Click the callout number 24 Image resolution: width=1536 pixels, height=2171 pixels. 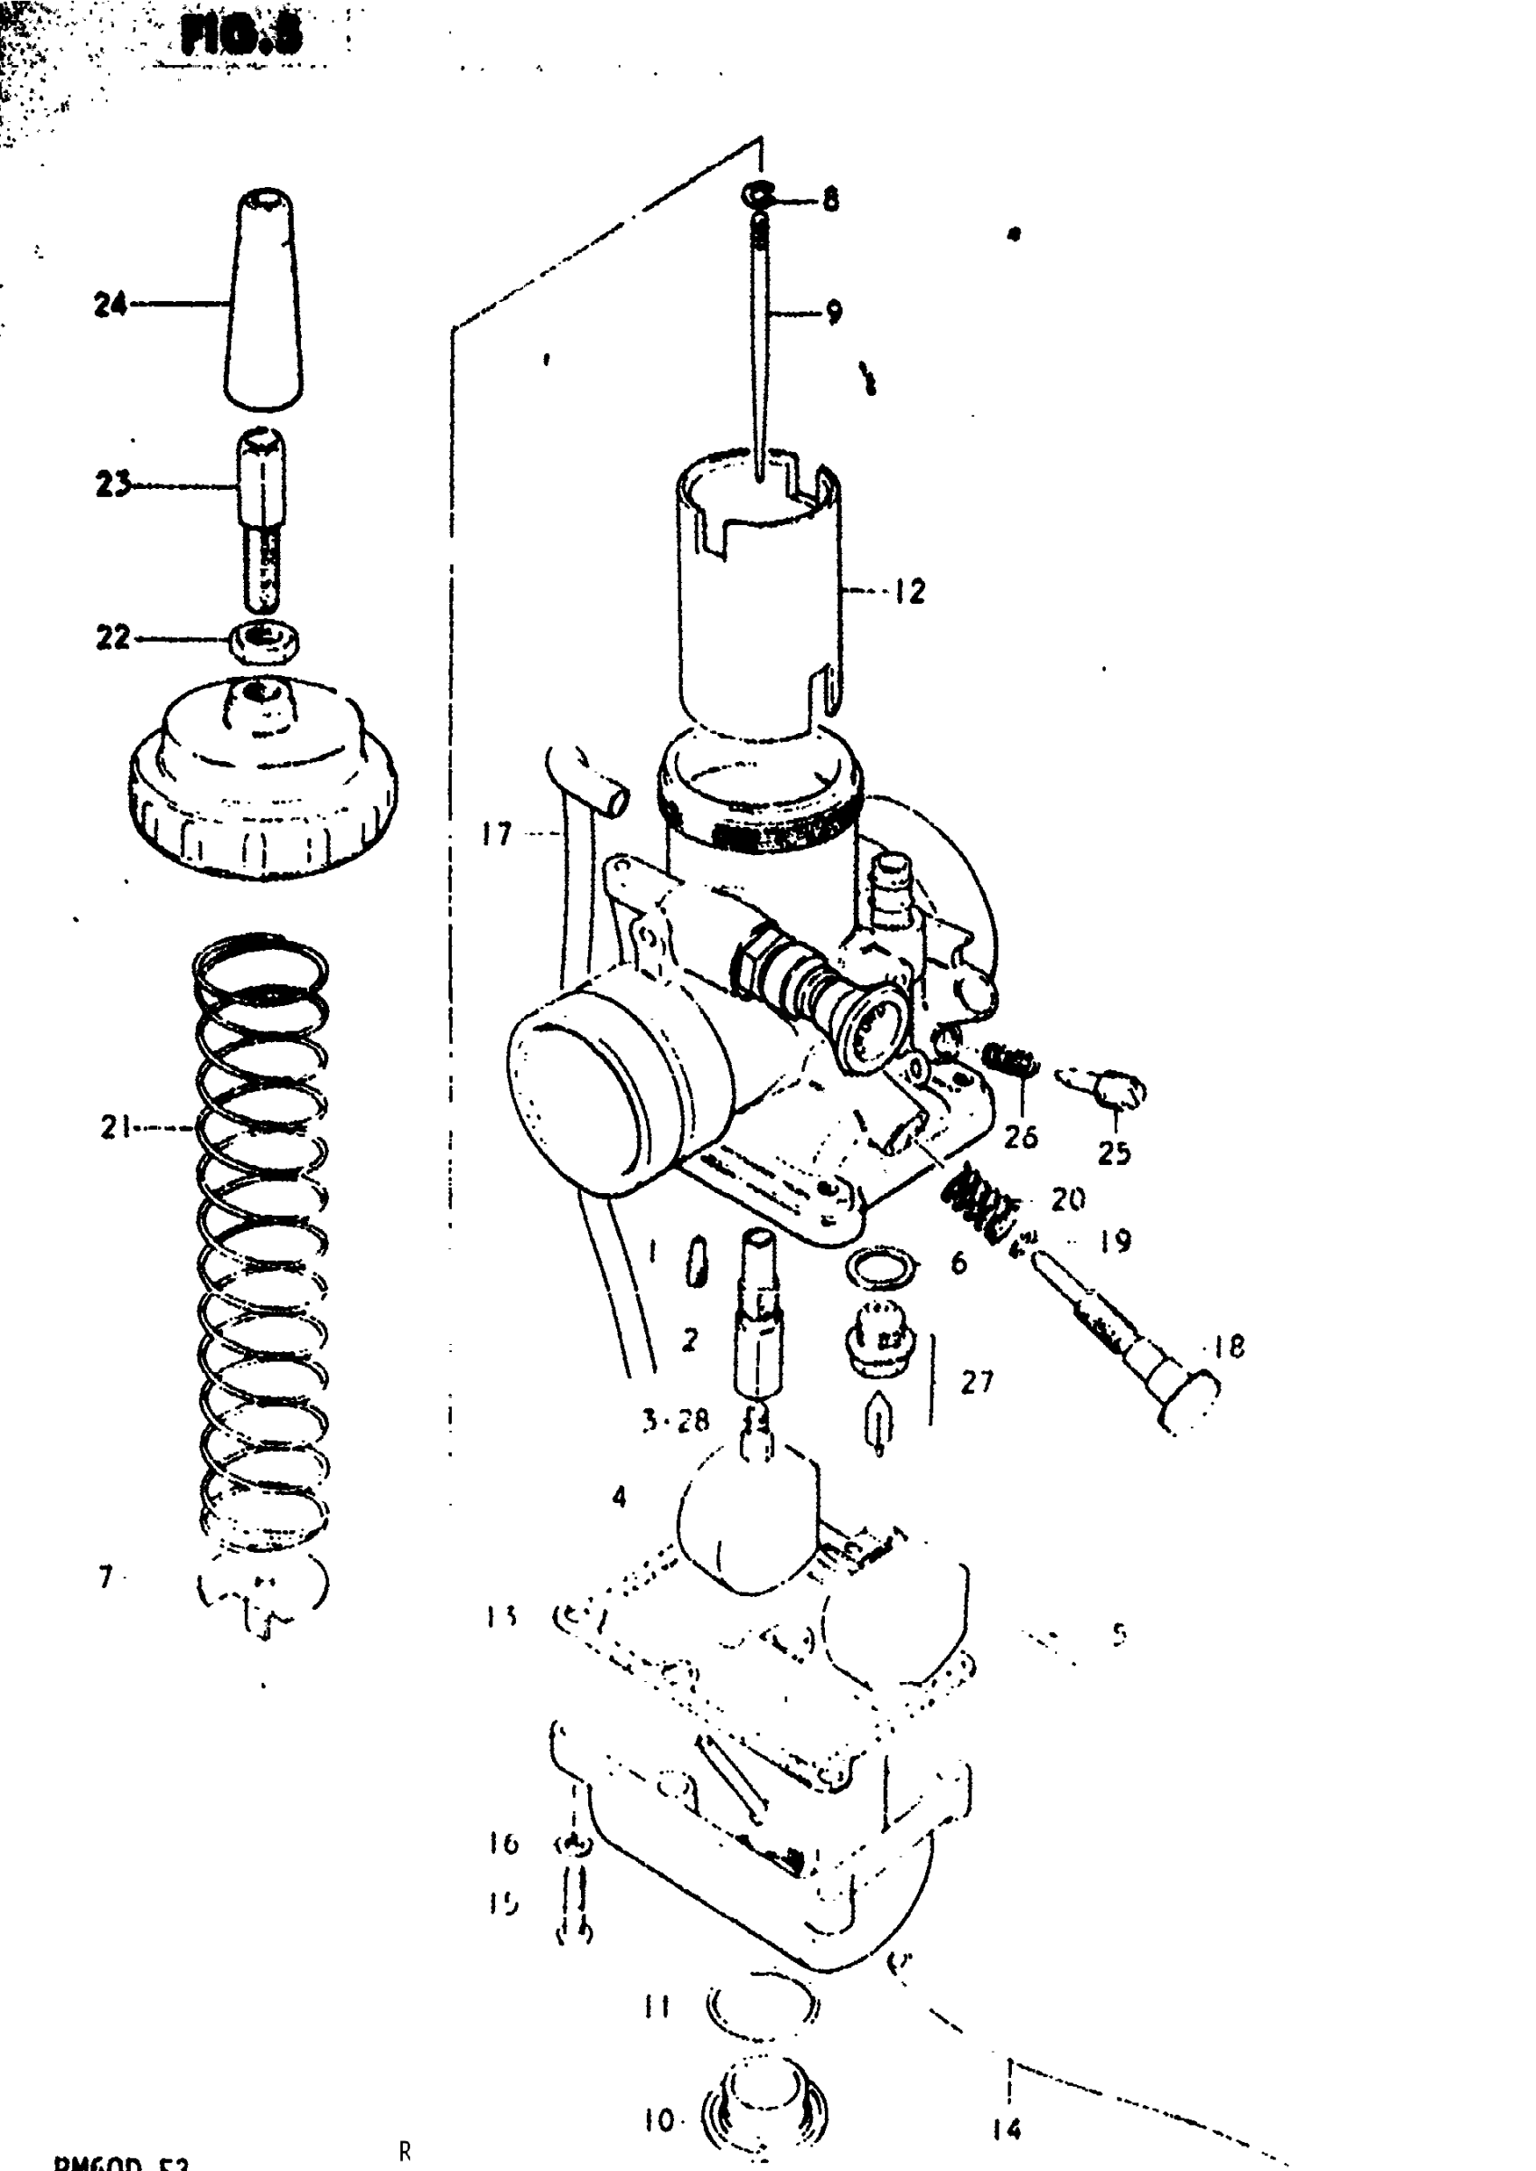[x=109, y=305]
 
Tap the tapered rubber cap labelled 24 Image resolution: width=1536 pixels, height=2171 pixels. [x=264, y=303]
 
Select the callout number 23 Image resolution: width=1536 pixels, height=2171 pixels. [x=113, y=485]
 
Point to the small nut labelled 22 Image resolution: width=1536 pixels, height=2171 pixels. [x=266, y=640]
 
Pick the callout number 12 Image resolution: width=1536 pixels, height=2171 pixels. [x=909, y=592]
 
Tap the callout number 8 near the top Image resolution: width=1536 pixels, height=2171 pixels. [x=830, y=200]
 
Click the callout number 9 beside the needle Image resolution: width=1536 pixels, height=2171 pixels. [x=833, y=311]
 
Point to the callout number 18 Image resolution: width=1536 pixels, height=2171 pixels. [x=1229, y=1346]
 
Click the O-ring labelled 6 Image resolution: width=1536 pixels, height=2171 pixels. [x=882, y=1267]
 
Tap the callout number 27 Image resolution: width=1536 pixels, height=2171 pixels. [x=977, y=1382]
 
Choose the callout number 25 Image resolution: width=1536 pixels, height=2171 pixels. [x=1113, y=1152]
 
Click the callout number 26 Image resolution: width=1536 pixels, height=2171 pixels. [x=1020, y=1136]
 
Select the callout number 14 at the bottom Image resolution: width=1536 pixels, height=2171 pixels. [x=1007, y=2129]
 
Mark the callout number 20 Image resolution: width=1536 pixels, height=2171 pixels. [x=1068, y=1199]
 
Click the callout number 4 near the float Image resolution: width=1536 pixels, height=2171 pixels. [x=619, y=1497]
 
